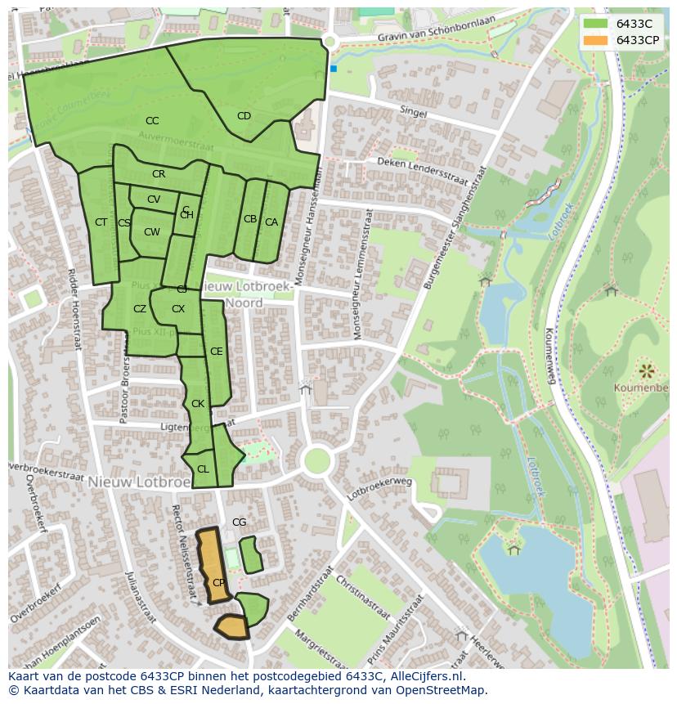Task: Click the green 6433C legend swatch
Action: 596,24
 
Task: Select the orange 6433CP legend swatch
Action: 596,40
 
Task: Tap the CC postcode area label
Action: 152,121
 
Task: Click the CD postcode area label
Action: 244,116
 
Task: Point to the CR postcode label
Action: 159,174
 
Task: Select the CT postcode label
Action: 101,222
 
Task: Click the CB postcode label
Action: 250,219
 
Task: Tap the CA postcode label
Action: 271,222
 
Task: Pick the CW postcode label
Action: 152,232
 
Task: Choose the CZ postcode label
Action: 140,309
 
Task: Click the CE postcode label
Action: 216,352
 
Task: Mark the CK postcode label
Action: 198,404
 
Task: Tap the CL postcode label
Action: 203,469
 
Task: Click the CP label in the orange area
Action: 218,583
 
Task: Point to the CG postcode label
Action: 239,522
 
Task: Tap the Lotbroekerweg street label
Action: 379,488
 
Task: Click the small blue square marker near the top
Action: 334,69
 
